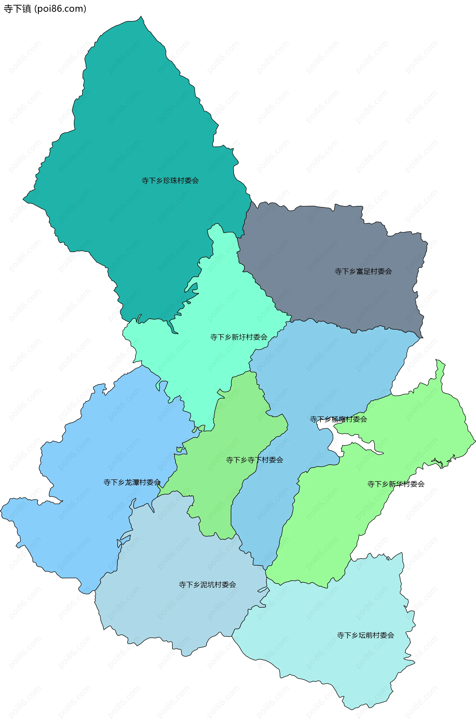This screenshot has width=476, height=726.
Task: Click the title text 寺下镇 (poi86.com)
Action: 45,9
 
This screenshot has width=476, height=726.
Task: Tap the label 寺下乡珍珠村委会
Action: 170,181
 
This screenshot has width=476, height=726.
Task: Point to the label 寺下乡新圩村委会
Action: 238,337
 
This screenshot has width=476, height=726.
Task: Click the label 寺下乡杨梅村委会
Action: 338,419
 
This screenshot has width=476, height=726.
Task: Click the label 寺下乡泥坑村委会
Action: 207,584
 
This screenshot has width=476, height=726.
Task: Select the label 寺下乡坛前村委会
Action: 365,635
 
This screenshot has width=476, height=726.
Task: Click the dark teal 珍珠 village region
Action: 137,122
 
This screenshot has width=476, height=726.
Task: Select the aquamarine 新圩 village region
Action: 213,305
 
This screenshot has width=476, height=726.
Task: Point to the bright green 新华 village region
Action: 335,519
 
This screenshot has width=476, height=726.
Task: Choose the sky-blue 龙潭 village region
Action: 91,442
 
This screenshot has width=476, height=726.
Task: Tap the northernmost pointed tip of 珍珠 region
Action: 141,17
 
